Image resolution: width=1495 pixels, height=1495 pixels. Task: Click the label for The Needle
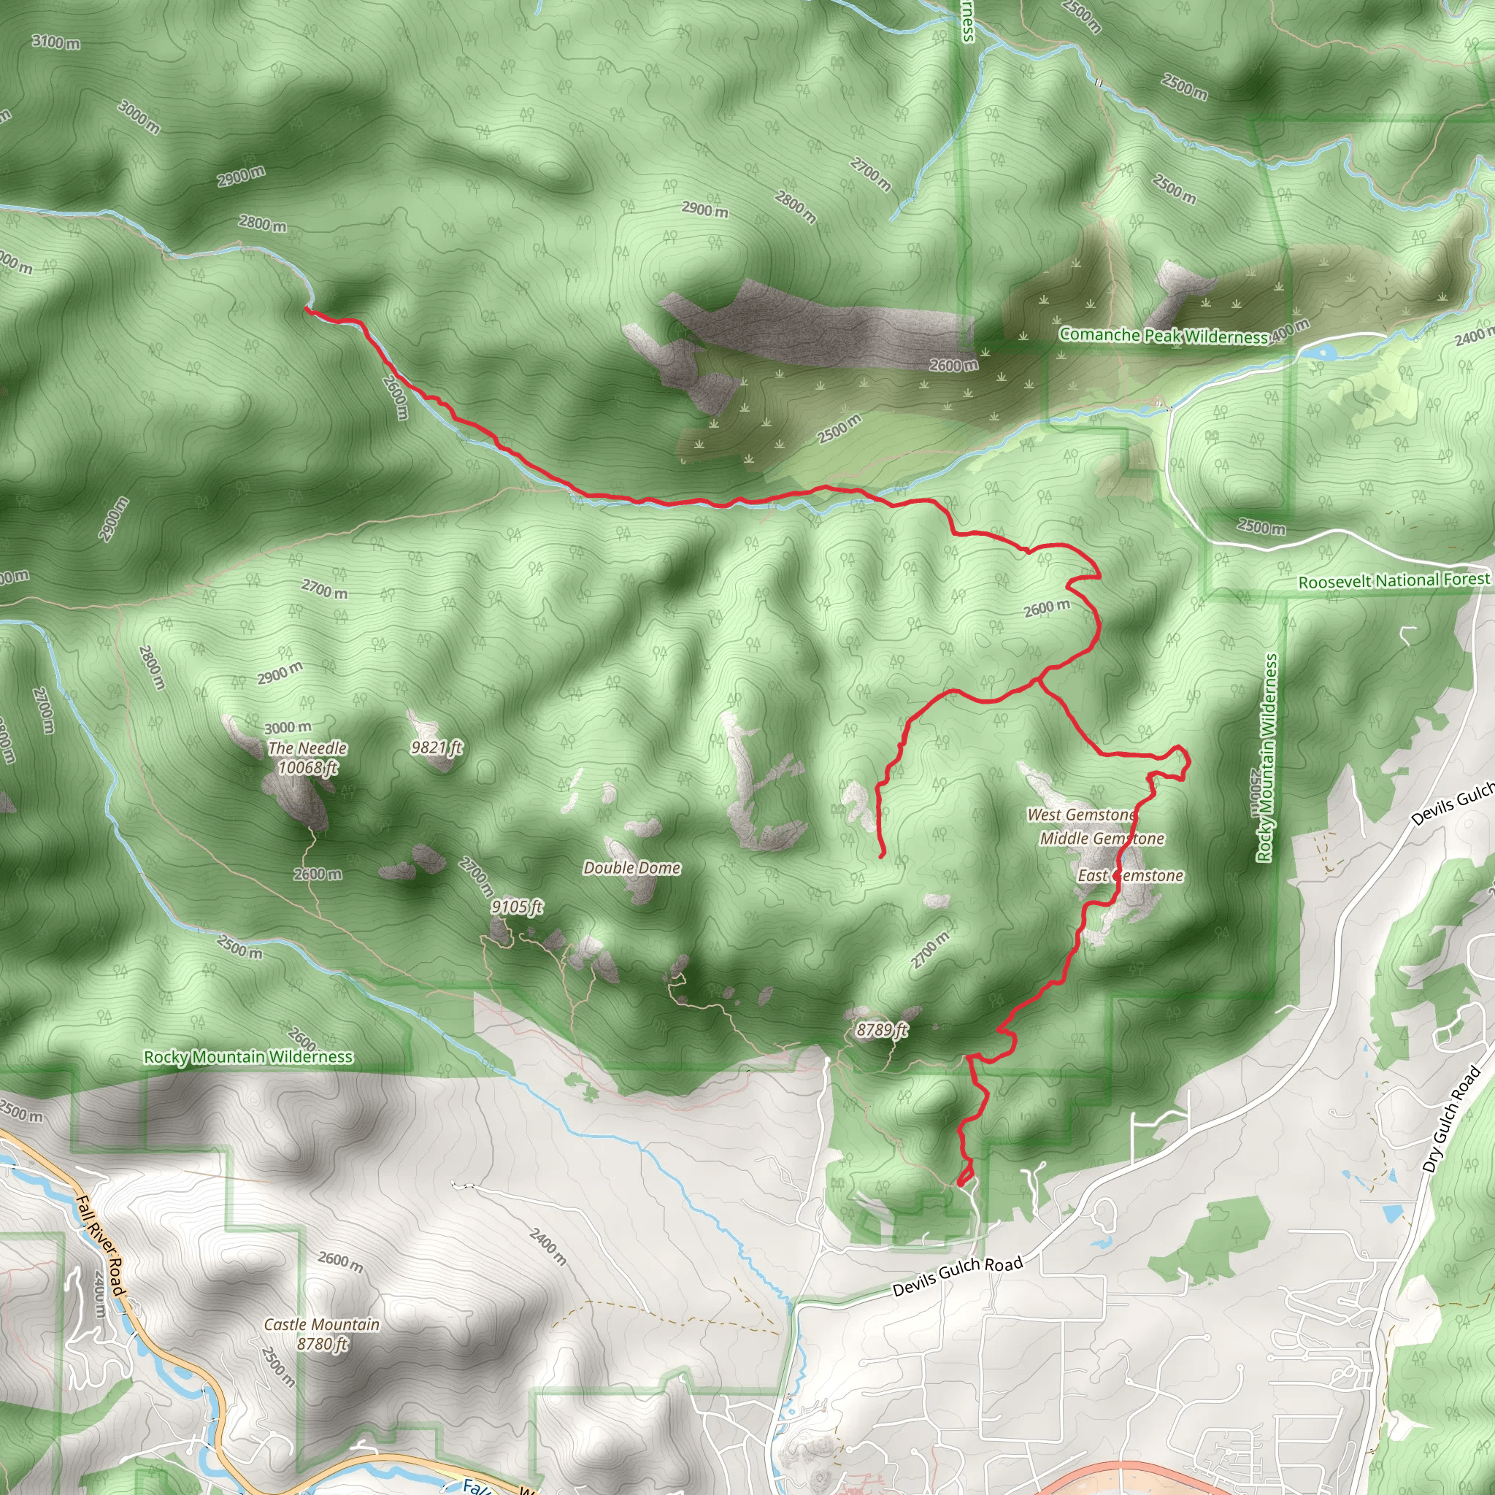point(307,748)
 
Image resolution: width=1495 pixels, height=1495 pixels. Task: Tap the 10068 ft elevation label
point(307,768)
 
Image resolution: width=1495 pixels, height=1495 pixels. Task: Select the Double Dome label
point(631,868)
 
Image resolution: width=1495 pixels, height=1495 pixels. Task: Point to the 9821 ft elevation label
point(437,747)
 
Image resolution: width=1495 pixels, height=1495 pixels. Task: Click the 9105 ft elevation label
point(517,907)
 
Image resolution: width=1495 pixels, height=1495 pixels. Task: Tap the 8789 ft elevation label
point(881,1030)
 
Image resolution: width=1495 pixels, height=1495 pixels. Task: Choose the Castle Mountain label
point(322,1325)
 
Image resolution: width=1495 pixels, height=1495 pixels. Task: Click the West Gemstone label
point(1081,815)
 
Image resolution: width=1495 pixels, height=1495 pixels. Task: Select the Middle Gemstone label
point(1102,839)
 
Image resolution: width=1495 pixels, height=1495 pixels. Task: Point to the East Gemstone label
point(1131,876)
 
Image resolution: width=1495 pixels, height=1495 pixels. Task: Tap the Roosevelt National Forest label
point(1394,580)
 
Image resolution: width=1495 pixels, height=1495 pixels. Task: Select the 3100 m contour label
point(55,42)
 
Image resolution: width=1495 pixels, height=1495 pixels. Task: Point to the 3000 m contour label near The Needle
point(288,727)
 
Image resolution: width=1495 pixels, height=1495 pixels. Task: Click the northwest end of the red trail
point(307,310)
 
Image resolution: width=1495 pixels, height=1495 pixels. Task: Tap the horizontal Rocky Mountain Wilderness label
point(248,1057)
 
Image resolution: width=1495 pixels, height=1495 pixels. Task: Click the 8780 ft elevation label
point(322,1344)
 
